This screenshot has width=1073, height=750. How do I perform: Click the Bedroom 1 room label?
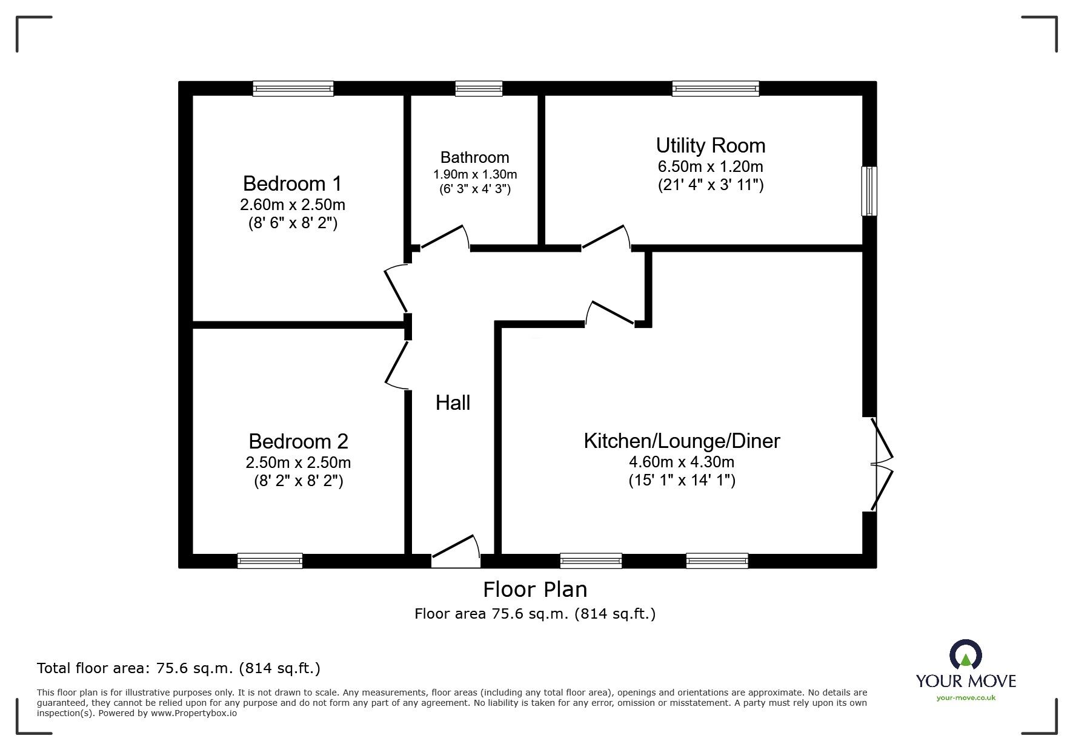point(292,183)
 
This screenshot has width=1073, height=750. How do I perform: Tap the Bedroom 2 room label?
point(298,441)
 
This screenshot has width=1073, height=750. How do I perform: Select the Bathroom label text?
point(474,158)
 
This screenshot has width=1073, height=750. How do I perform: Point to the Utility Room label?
point(710,146)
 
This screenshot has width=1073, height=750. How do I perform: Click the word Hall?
point(453,403)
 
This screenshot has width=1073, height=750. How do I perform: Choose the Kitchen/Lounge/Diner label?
point(682,441)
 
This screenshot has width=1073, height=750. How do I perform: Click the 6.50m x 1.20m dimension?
point(710,166)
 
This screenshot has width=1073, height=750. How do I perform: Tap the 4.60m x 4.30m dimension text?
point(682,462)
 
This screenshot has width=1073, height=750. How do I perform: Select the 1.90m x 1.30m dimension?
point(474,175)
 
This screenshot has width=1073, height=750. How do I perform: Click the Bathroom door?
point(443,238)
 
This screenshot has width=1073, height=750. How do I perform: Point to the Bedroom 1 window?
point(293,89)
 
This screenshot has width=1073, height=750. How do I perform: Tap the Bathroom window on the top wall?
point(479,89)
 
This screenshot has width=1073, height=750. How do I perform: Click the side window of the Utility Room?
point(869,191)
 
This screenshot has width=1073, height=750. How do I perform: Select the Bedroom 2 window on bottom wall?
point(270,561)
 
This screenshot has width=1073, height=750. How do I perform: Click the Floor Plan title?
point(534,590)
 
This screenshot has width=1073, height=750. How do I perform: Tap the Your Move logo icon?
point(965,655)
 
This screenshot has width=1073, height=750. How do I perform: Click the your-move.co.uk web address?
point(966,698)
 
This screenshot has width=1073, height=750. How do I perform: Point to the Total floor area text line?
point(179,668)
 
